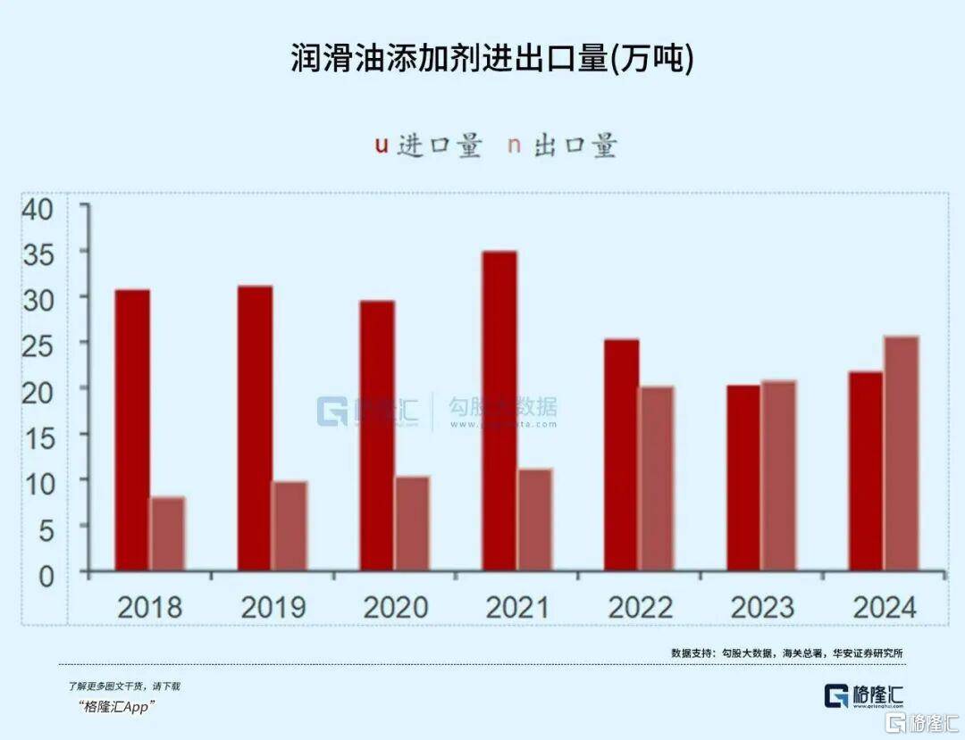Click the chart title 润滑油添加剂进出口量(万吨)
click(x=491, y=59)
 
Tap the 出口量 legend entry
click(x=563, y=146)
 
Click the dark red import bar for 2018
click(x=132, y=429)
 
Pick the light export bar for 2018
click(x=167, y=533)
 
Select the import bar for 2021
click(x=499, y=411)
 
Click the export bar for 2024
click(x=902, y=453)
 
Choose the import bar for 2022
click(x=622, y=454)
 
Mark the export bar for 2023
click(x=778, y=475)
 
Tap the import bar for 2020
click(x=377, y=435)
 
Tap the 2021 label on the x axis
click(x=517, y=608)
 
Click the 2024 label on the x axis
click(x=885, y=608)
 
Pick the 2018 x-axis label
click(x=149, y=608)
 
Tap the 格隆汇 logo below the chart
click(x=865, y=695)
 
